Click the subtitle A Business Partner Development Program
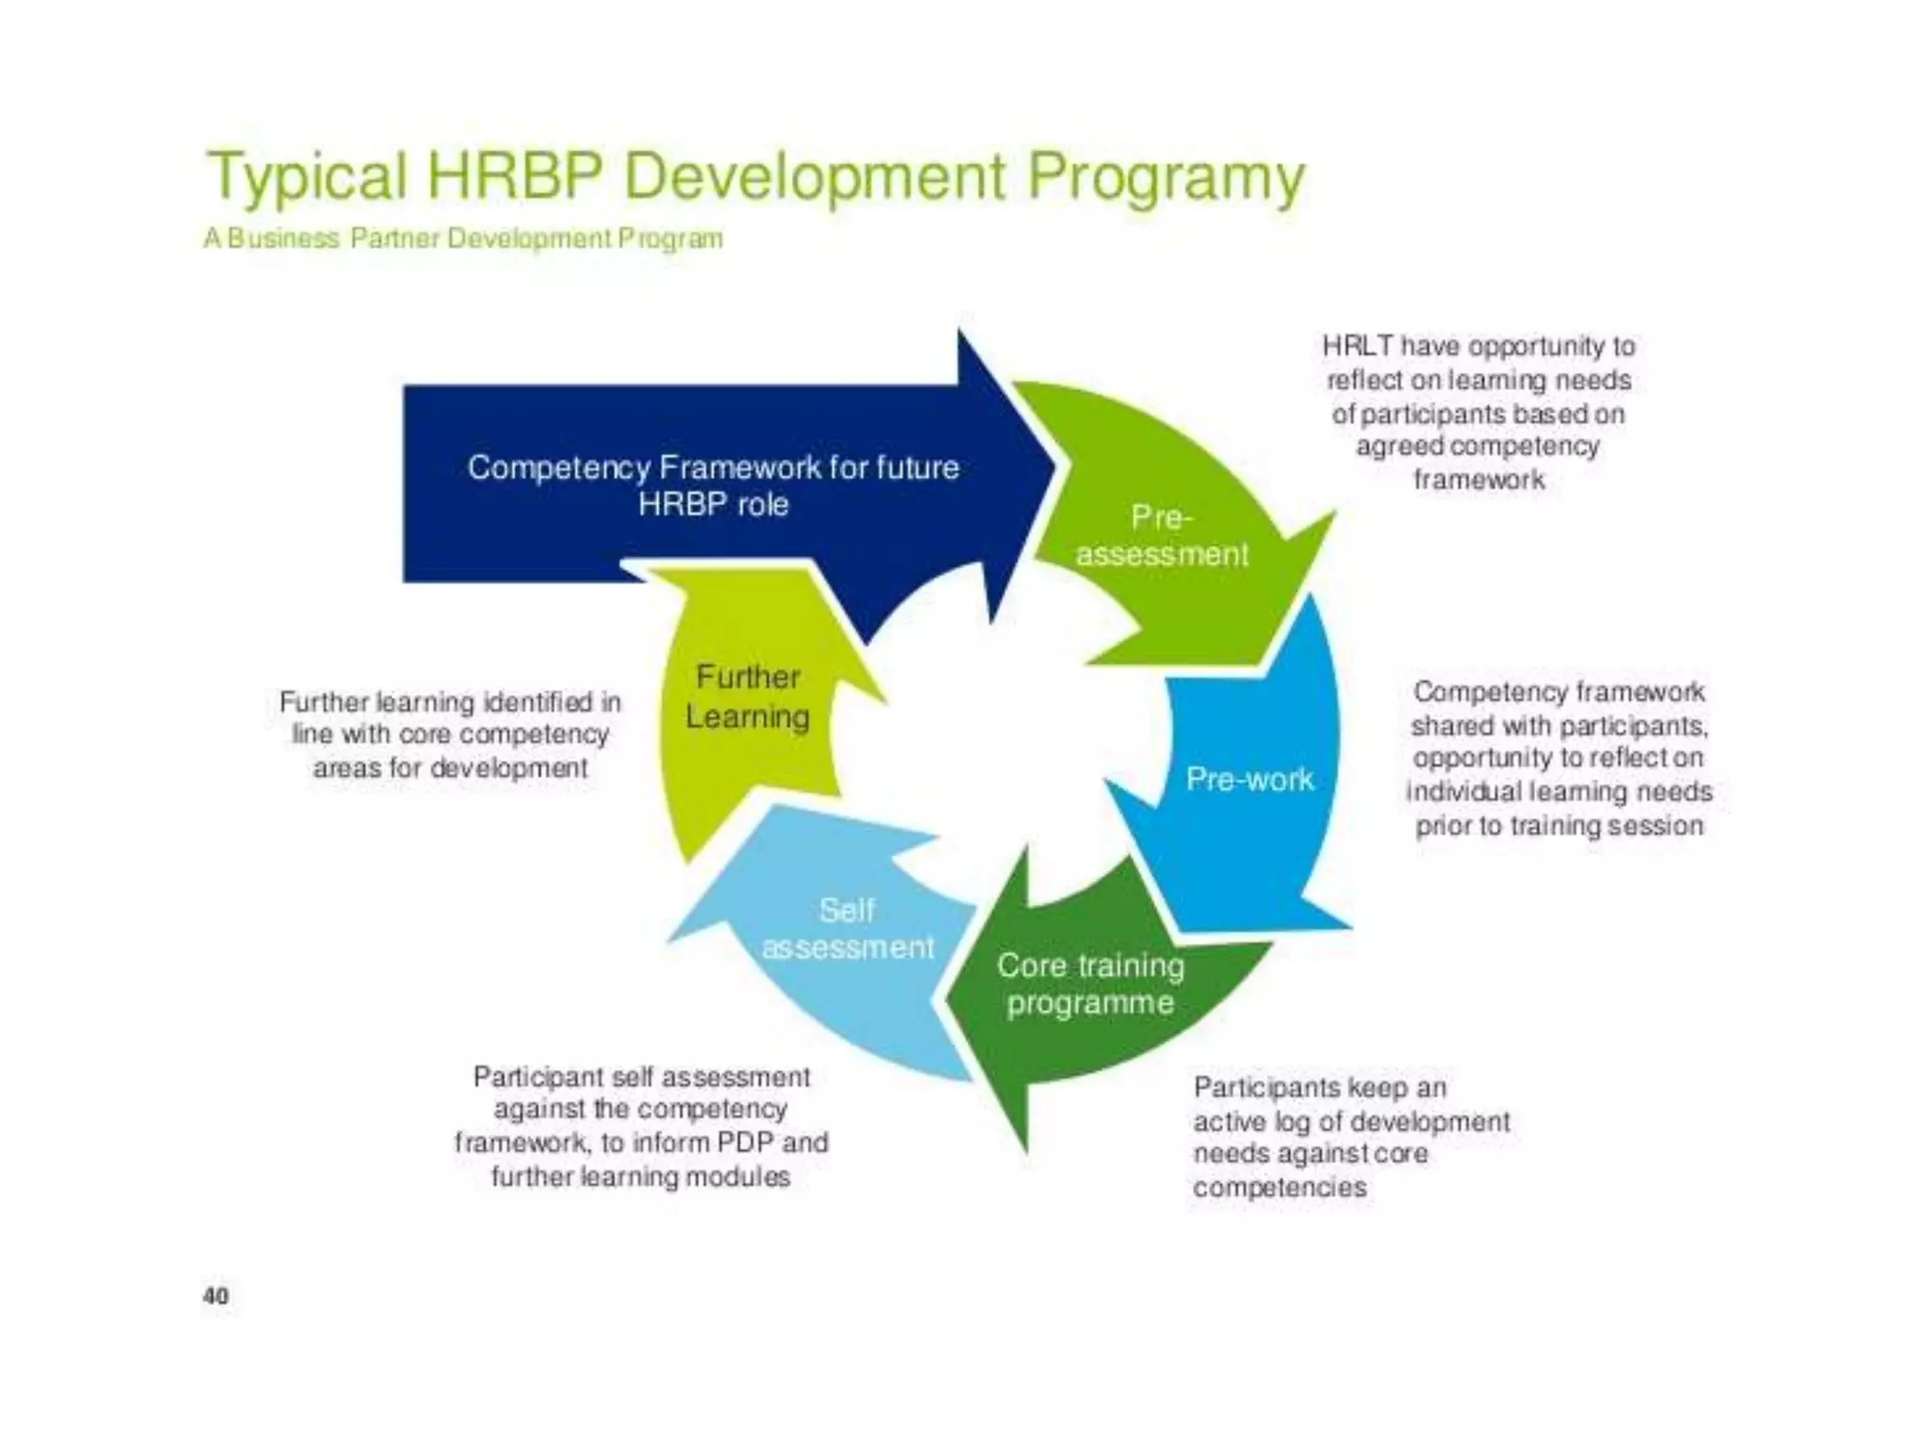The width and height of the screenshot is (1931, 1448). [463, 239]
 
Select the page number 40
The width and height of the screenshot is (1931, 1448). [216, 1296]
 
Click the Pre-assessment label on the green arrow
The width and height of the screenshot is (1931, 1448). [1162, 535]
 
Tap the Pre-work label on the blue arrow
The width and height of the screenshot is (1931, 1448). [1249, 779]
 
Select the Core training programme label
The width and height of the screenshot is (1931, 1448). [1090, 983]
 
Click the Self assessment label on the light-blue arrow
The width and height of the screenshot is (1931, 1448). [847, 929]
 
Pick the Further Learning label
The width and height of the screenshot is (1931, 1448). [748, 697]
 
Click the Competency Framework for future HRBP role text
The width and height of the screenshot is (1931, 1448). [713, 485]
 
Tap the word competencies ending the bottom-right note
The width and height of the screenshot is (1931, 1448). [1279, 1187]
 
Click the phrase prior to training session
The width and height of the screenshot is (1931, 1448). [1559, 826]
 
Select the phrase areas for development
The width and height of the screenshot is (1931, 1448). [451, 768]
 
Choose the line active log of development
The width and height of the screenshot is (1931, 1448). [1350, 1121]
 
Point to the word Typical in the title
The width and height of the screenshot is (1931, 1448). [307, 177]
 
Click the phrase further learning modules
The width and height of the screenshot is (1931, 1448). [640, 1176]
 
